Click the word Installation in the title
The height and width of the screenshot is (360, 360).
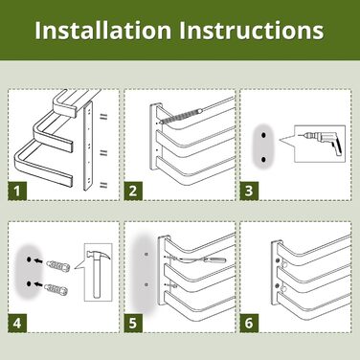tap(102, 31)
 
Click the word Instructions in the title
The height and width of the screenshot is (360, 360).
tap(251, 31)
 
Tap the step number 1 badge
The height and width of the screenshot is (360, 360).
tap(17, 191)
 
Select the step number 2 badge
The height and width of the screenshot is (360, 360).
tap(133, 191)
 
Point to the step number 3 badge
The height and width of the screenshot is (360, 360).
tap(249, 191)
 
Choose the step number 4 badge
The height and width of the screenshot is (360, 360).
tap(17, 324)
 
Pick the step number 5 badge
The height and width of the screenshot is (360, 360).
tap(133, 324)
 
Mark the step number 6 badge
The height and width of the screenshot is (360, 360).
tap(249, 324)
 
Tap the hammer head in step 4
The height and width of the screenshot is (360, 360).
tap(99, 257)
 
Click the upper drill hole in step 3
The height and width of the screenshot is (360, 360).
tap(263, 135)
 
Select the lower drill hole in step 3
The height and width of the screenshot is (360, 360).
tap(263, 159)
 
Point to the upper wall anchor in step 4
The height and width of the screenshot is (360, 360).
tap(58, 265)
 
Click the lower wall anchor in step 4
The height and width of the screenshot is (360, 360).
tap(56, 289)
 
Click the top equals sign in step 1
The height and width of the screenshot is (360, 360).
tap(103, 117)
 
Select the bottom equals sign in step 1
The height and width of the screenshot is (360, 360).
tap(103, 185)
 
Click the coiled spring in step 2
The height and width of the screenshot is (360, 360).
tap(180, 116)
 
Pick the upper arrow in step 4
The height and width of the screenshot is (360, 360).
tap(38, 260)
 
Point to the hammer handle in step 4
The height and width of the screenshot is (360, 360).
tap(97, 281)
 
